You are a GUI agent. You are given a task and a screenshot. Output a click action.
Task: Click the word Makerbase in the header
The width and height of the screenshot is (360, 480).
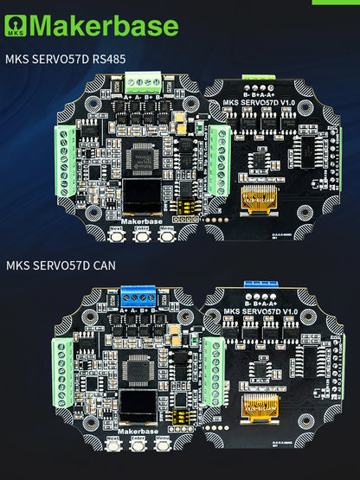[104, 25]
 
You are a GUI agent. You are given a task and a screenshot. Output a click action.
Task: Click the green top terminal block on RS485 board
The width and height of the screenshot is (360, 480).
[140, 81]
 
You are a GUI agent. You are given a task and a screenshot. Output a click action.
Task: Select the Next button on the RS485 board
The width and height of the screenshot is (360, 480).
[117, 235]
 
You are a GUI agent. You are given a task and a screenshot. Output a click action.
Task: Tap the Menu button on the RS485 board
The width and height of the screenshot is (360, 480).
[166, 235]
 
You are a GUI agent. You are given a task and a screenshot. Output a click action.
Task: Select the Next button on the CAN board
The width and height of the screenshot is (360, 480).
[113, 448]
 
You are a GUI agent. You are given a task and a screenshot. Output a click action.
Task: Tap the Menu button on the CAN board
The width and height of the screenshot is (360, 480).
[164, 448]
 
